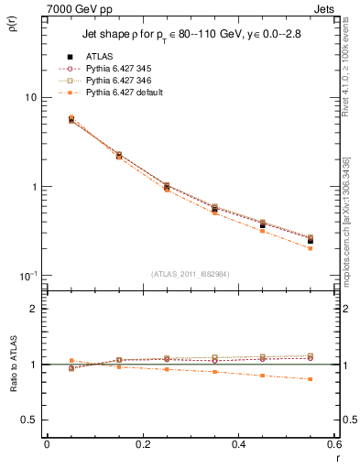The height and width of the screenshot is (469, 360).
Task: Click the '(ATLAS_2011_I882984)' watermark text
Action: pos(191,274)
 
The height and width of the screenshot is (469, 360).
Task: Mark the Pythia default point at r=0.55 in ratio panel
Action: pos(311,379)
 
